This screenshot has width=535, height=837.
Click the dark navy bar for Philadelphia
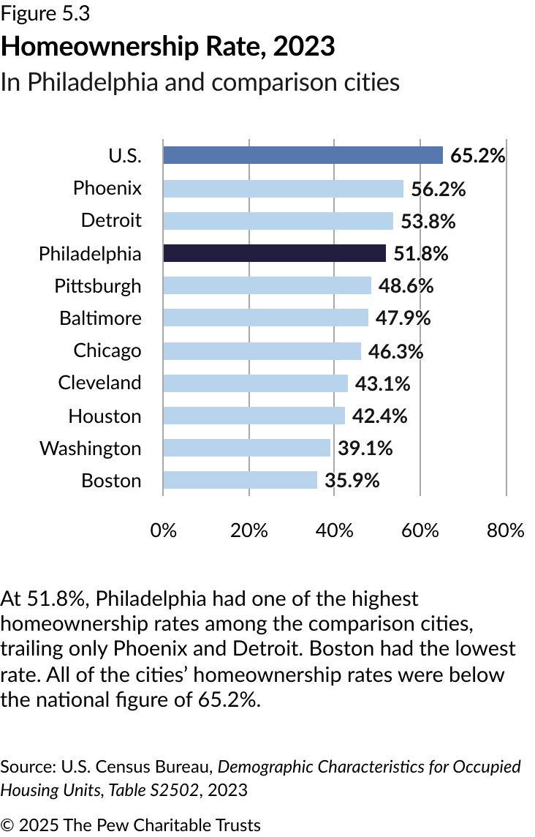pos(274,253)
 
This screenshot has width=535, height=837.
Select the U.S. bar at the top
pos(303,155)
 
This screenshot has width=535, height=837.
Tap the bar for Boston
pos(240,480)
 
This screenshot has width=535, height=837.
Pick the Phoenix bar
pos(283,188)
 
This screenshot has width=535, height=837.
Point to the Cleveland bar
pos(255,383)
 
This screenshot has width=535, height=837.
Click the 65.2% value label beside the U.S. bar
pos(478,156)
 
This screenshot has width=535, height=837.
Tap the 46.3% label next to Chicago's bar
pos(396,351)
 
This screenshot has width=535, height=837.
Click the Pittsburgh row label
pos(98,285)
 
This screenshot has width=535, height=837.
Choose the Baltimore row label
pos(100,318)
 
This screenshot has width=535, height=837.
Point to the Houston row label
pos(105,416)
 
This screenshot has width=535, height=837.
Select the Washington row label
pos(90,448)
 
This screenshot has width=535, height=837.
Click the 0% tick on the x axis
pos(164,530)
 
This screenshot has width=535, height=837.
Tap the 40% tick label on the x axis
pos(335,530)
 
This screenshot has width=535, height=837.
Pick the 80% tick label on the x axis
pos(506,530)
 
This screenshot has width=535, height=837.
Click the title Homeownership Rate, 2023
pos(168,47)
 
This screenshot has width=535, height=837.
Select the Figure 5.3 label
pos(45,13)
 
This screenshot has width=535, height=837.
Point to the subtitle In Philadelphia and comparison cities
pos(200,82)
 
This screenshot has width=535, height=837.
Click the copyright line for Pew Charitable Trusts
pos(130,825)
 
